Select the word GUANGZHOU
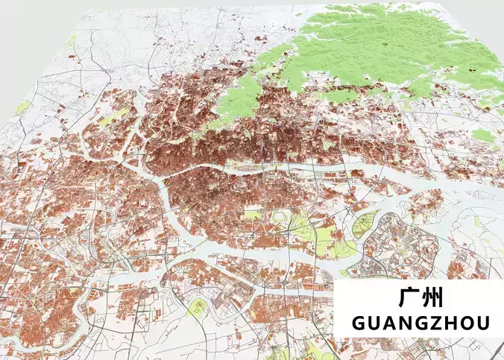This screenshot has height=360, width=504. (420, 323)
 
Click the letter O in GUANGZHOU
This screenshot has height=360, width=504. (467, 323)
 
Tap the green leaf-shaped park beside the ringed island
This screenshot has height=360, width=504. (365, 224)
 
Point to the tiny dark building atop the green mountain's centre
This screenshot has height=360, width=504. (385, 45)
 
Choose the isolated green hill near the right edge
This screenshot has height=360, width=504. (483, 136)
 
